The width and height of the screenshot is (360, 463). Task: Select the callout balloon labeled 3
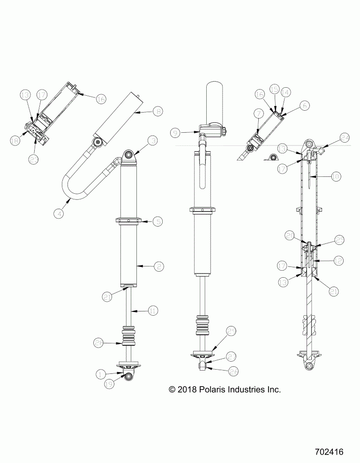click(x=153, y=141)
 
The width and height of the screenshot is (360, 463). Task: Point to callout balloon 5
click(x=158, y=220)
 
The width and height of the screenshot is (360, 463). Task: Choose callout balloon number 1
click(x=100, y=374)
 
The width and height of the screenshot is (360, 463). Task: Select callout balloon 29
click(x=231, y=332)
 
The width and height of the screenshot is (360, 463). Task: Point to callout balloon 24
click(x=345, y=137)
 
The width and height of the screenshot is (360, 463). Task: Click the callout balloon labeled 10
click(x=336, y=177)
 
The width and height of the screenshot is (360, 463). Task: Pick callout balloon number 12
click(x=336, y=259)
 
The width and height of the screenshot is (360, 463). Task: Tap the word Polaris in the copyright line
click(x=202, y=389)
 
